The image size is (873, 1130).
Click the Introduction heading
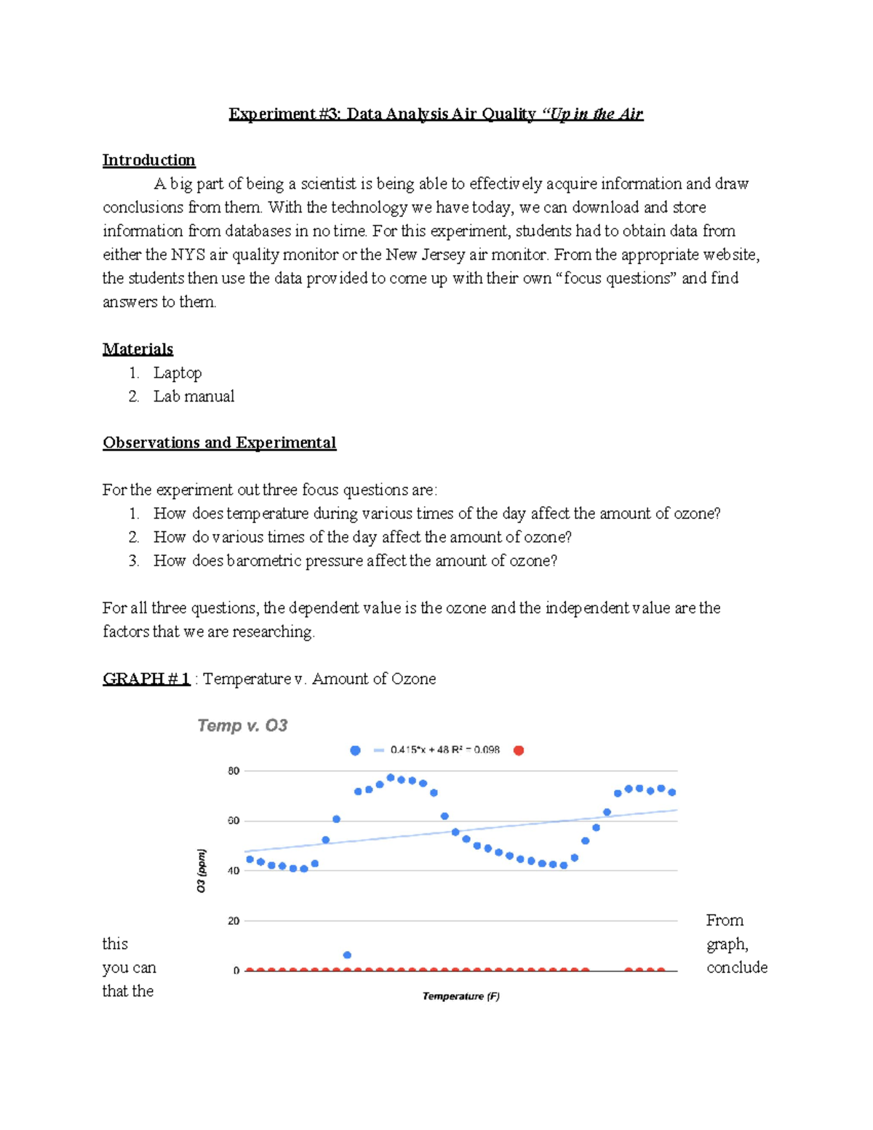click(x=148, y=160)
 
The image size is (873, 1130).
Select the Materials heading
click(x=137, y=349)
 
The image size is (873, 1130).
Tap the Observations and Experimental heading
click(x=219, y=443)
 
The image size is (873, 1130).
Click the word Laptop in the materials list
click(x=178, y=373)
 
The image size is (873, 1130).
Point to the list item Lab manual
click(x=194, y=397)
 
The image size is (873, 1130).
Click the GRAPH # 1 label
click(x=146, y=679)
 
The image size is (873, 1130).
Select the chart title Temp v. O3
click(x=242, y=725)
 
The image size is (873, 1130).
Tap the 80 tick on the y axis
click(x=234, y=771)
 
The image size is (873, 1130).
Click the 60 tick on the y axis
click(x=234, y=821)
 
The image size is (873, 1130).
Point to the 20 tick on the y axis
click(x=234, y=921)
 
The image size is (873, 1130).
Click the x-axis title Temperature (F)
click(x=461, y=996)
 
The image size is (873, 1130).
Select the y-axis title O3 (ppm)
click(x=202, y=870)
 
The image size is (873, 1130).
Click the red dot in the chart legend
click(x=519, y=750)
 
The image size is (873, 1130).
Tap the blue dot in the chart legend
click(x=355, y=750)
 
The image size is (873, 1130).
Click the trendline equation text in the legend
click(x=445, y=750)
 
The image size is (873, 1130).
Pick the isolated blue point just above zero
click(x=347, y=955)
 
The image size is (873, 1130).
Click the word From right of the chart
click(x=725, y=920)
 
